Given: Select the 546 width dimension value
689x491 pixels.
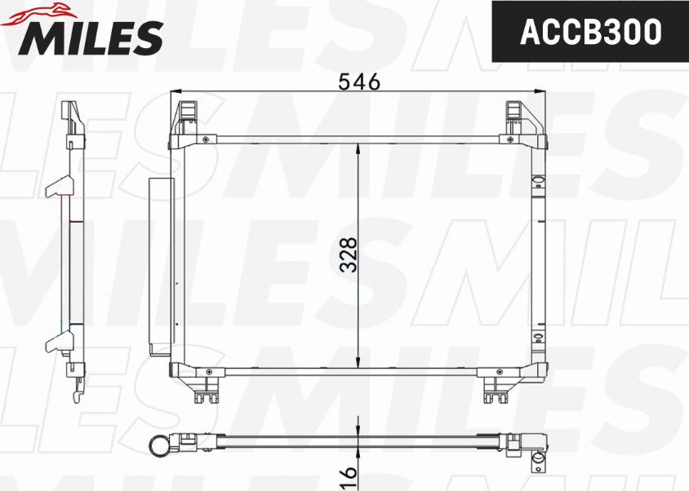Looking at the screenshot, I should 358,82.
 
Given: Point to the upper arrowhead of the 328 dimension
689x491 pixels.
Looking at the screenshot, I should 359,150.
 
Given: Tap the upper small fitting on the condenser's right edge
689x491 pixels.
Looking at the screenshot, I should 537,184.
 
